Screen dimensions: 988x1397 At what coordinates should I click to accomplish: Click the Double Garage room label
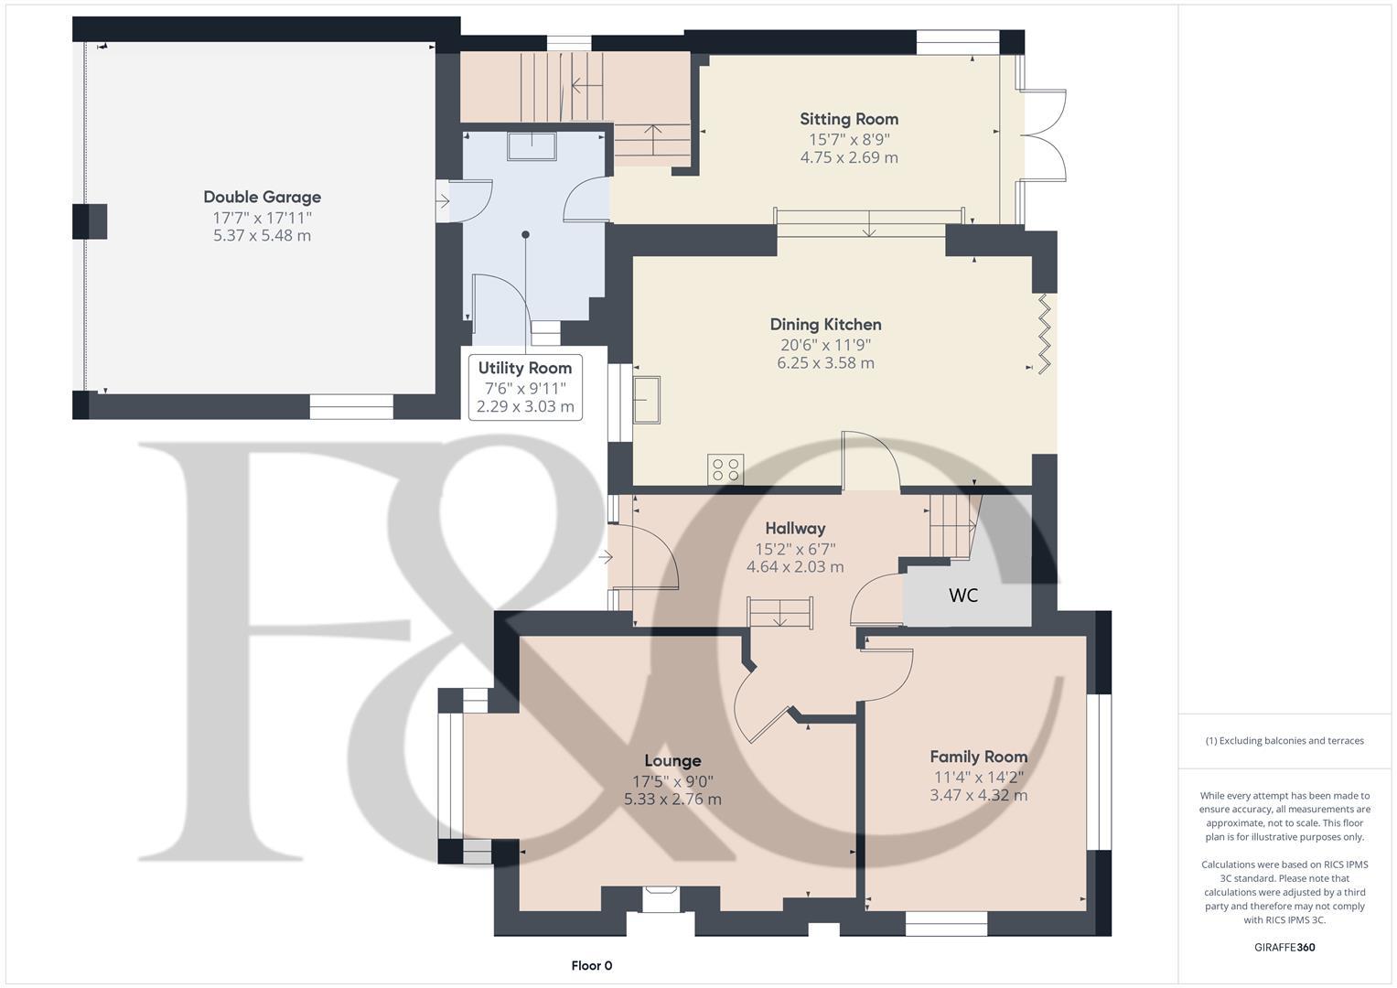[x=262, y=197]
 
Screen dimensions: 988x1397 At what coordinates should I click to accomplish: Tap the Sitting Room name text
[x=849, y=119]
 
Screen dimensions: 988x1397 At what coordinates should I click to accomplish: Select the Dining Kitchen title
[x=825, y=325]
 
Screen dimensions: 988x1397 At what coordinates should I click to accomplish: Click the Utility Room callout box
[x=525, y=387]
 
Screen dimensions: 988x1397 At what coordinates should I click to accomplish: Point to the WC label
[x=963, y=596]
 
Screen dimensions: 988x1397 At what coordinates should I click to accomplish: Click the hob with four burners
[x=726, y=469]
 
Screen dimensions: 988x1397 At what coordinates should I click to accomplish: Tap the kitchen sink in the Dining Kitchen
[x=647, y=400]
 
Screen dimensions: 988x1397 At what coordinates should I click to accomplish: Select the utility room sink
[x=532, y=146]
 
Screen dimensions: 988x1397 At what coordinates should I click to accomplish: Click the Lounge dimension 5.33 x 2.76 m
[x=672, y=800]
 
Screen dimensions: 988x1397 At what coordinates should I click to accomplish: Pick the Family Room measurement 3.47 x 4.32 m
[x=978, y=796]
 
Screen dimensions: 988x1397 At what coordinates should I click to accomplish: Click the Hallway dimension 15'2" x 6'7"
[x=795, y=549]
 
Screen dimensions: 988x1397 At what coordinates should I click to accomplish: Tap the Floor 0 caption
[x=591, y=966]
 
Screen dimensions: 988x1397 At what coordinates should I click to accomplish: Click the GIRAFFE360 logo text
[x=1284, y=948]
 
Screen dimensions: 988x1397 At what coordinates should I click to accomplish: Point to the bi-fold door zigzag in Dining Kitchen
[x=1045, y=333]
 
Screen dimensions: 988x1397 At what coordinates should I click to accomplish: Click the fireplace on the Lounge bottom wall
[x=660, y=898]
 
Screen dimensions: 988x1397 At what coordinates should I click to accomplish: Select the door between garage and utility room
[x=467, y=200]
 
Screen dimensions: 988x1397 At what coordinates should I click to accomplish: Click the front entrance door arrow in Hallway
[x=607, y=556]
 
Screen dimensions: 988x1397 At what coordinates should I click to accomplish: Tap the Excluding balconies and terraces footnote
[x=1284, y=741]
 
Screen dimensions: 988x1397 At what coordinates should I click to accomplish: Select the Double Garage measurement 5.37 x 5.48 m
[x=262, y=236]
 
